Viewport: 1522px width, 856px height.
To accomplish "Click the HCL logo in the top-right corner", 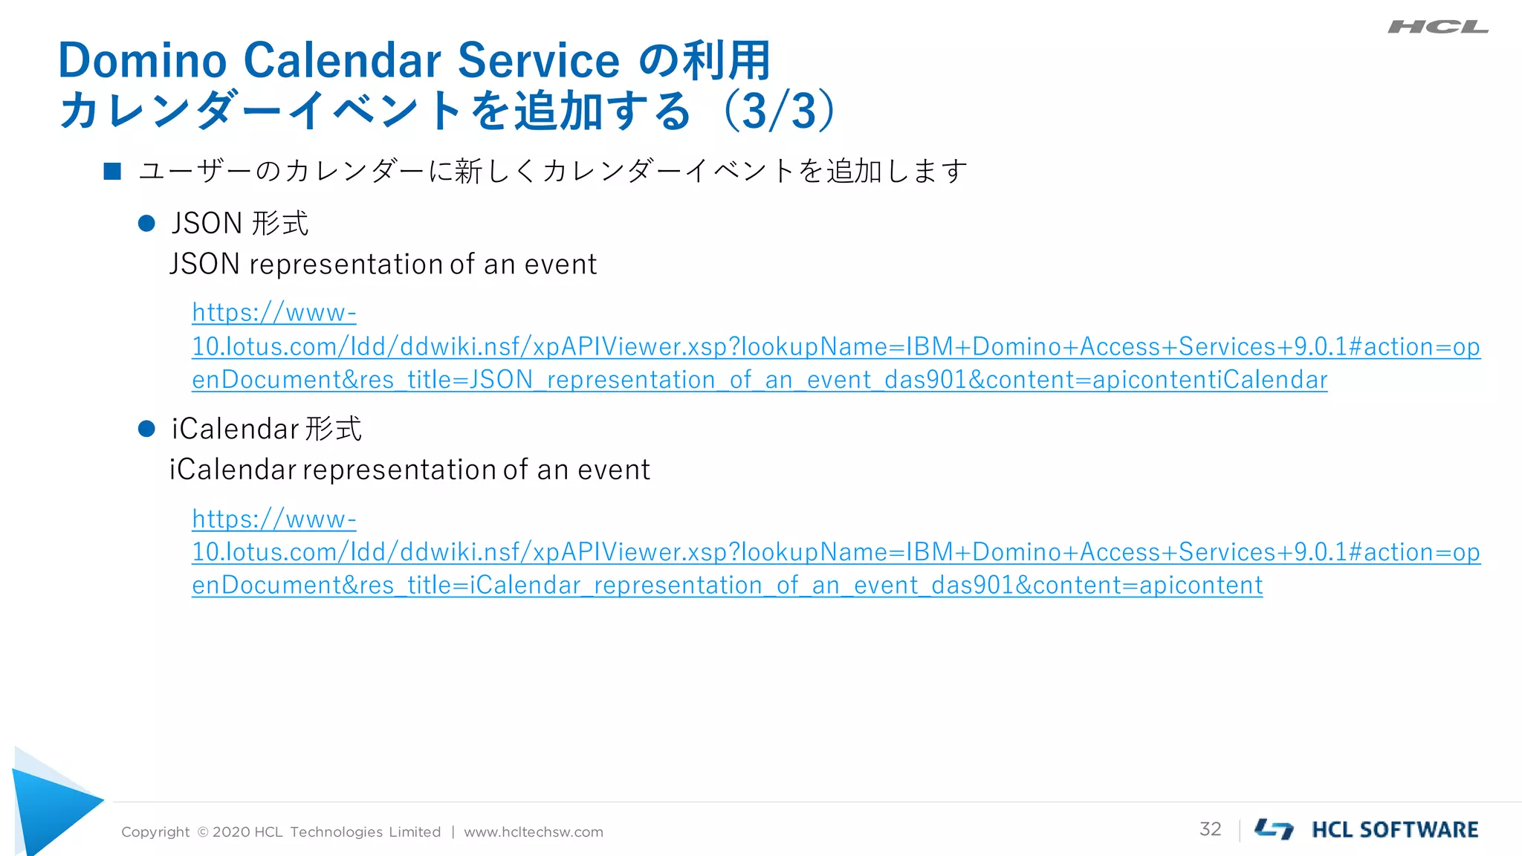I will pos(1437,27).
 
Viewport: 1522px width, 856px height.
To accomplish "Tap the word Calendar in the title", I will pos(342,60).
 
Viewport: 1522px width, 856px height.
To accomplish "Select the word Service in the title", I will pos(538,60).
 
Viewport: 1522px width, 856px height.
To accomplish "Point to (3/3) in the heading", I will pos(779,111).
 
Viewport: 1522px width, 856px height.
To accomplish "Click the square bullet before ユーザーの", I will pos(112,172).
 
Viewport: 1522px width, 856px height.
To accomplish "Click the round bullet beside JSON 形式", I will pos(146,223).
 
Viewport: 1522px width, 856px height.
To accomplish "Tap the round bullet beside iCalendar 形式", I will pos(146,429).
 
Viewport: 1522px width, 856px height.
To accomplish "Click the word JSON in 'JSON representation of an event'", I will pos(204,265).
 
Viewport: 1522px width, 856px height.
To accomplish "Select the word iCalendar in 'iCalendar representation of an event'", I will pos(233,470).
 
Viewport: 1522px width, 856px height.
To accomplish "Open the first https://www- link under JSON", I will pos(273,313).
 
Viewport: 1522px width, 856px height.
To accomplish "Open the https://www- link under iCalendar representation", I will pos(273,519).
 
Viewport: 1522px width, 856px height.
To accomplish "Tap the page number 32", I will pos(1210,829).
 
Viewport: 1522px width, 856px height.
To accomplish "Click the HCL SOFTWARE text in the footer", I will pos(1395,830).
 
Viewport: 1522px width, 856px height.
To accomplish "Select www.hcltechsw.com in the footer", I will pos(534,832).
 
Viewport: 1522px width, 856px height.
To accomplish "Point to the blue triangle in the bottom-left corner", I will pos(52,806).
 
